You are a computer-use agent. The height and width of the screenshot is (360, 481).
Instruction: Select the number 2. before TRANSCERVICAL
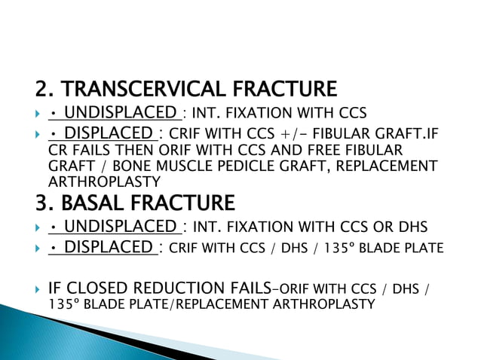click(44, 90)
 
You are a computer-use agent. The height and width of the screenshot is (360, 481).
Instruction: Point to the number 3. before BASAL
click(44, 203)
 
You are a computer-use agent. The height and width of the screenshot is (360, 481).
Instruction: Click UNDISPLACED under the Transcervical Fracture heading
click(120, 114)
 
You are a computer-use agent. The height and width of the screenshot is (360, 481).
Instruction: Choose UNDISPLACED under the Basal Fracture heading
click(120, 227)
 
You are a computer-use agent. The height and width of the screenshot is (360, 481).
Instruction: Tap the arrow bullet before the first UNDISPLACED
click(37, 114)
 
